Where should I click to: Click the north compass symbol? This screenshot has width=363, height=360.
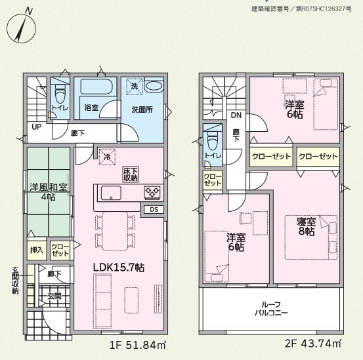point(21,28)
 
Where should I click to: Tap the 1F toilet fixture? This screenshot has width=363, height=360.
point(60,93)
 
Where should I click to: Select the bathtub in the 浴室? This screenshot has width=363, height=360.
point(96,87)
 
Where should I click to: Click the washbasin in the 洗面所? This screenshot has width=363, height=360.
point(154,87)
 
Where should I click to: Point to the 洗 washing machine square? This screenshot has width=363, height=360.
point(135,87)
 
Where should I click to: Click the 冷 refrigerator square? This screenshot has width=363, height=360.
point(107,157)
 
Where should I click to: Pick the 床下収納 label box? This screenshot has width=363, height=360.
point(131,174)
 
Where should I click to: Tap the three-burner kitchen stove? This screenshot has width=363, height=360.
point(152,192)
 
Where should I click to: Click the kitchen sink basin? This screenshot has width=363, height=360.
point(111,193)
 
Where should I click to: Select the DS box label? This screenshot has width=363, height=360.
point(154,210)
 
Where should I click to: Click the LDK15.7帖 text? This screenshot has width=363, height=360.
point(119,268)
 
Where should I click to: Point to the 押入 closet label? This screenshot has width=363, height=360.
point(37,250)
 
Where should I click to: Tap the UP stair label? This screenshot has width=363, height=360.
point(37,127)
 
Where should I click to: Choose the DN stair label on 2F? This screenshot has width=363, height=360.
point(236,115)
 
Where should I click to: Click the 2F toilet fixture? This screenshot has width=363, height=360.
point(213,142)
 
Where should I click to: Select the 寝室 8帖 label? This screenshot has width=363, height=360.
point(307,227)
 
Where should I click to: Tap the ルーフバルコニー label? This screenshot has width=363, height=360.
point(271,309)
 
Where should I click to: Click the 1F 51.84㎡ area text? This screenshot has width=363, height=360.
point(138,345)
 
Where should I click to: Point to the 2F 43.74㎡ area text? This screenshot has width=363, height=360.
point(313,344)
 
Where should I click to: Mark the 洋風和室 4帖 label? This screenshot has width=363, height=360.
point(49,192)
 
